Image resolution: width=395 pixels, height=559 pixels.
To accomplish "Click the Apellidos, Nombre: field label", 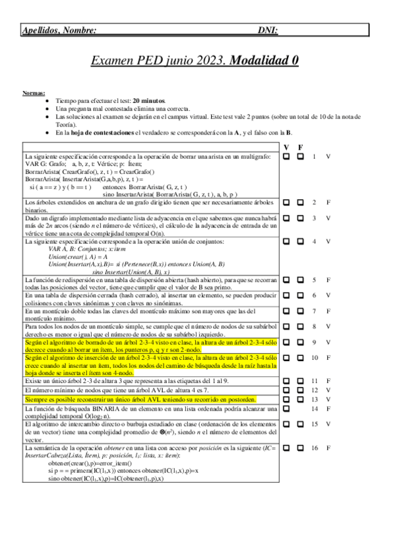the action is tap(59, 30).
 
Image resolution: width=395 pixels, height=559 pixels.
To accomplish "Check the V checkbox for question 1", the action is tap(287, 157).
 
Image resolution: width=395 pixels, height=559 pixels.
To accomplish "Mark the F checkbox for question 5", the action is tap(300, 280).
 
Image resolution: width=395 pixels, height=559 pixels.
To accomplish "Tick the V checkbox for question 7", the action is tap(287, 310).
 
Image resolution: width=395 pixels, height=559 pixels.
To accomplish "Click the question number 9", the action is tap(315, 342).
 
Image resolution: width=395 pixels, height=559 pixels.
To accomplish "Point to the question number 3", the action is tap(315, 218).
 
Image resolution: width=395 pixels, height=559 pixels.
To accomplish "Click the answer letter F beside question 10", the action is tap(328, 357).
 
